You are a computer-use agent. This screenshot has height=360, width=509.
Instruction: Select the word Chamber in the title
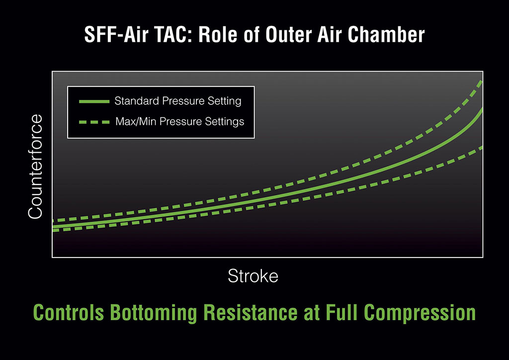tap(386, 34)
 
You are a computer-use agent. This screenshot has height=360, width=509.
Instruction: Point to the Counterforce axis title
tap(35, 167)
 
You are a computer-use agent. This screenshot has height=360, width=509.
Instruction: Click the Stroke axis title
tap(253, 276)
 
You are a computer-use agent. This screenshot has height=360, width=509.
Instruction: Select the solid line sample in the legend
tap(94, 101)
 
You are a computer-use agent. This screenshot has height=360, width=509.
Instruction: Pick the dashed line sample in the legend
tap(94, 122)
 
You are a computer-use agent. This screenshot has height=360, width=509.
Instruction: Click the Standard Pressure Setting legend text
tap(178, 101)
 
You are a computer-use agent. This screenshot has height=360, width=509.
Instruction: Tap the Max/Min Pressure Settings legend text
tap(180, 121)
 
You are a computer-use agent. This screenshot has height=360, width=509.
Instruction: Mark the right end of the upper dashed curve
tap(482, 82)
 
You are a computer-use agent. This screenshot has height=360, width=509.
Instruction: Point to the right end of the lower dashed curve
tap(482, 148)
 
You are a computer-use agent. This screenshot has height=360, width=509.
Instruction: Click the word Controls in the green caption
tap(69, 313)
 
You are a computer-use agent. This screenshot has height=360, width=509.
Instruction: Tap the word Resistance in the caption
tap(251, 313)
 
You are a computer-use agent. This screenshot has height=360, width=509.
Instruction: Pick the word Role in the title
tap(218, 34)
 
